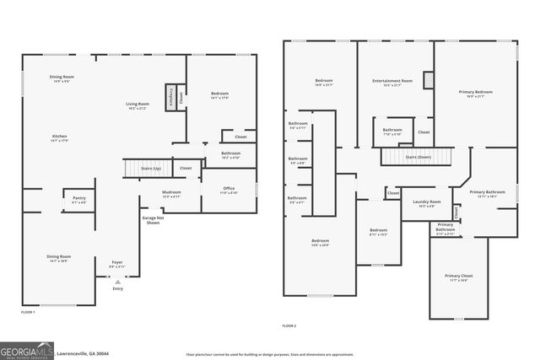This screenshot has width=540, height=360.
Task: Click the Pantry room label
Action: (x=78, y=200)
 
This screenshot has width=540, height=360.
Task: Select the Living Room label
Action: (x=138, y=106)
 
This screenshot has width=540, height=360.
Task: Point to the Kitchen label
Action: (x=59, y=138)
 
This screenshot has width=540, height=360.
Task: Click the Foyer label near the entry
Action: (x=117, y=265)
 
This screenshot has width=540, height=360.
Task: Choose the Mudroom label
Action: (x=171, y=195)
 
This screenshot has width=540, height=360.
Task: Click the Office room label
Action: (x=229, y=190)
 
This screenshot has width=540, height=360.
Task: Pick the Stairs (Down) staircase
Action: (x=418, y=156)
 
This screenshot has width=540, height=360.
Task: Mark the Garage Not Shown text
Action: (x=152, y=221)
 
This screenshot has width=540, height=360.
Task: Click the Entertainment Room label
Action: (x=392, y=83)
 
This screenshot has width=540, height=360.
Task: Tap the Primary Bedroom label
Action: (x=476, y=94)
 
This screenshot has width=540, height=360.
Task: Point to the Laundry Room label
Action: (x=426, y=203)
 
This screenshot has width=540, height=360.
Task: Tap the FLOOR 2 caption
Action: (x=289, y=325)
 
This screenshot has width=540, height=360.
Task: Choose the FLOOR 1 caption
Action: (x=27, y=313)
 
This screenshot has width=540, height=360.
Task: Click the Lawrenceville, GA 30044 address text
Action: (x=84, y=354)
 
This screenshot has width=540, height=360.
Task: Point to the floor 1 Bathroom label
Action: (x=230, y=155)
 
